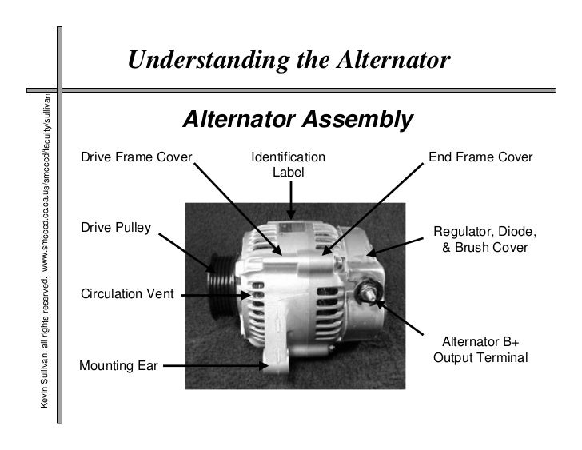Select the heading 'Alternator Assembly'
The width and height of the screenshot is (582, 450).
pos(297,121)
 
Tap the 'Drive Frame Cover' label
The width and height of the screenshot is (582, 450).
pos(137,157)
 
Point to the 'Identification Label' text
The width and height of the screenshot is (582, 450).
pos(289,164)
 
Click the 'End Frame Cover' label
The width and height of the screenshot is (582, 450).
pos(480,157)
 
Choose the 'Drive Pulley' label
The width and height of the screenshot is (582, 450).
pos(116,228)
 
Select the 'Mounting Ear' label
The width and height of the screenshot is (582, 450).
pos(118,367)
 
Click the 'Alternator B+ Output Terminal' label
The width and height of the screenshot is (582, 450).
pos(480,349)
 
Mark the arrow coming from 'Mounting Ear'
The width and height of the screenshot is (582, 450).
pos(216,367)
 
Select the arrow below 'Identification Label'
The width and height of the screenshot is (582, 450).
pos(293,198)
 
